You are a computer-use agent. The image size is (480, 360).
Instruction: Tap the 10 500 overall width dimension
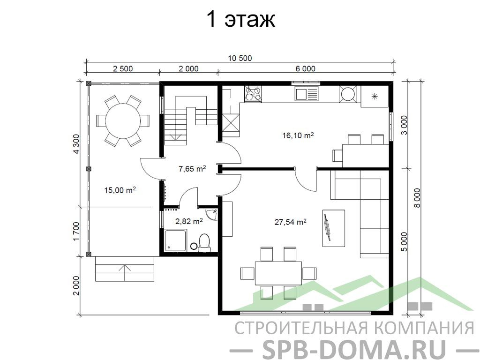240,58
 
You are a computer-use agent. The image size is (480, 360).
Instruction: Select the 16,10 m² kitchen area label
298,135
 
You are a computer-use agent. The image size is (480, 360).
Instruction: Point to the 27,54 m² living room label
291,222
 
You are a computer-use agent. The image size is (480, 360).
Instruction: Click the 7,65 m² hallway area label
192,168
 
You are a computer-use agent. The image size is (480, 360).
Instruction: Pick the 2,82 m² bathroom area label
189,221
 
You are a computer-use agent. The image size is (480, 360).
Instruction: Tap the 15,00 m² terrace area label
120,190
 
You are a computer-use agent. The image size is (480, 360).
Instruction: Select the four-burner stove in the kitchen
253,93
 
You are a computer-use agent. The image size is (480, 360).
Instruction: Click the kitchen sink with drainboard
307,93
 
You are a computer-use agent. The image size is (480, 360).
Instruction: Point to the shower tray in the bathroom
175,241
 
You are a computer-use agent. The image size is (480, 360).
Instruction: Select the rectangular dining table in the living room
278,273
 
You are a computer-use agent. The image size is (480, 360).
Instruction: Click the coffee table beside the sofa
334,228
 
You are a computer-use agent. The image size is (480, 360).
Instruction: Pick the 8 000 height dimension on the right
417,198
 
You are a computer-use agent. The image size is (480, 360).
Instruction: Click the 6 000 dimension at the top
305,68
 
